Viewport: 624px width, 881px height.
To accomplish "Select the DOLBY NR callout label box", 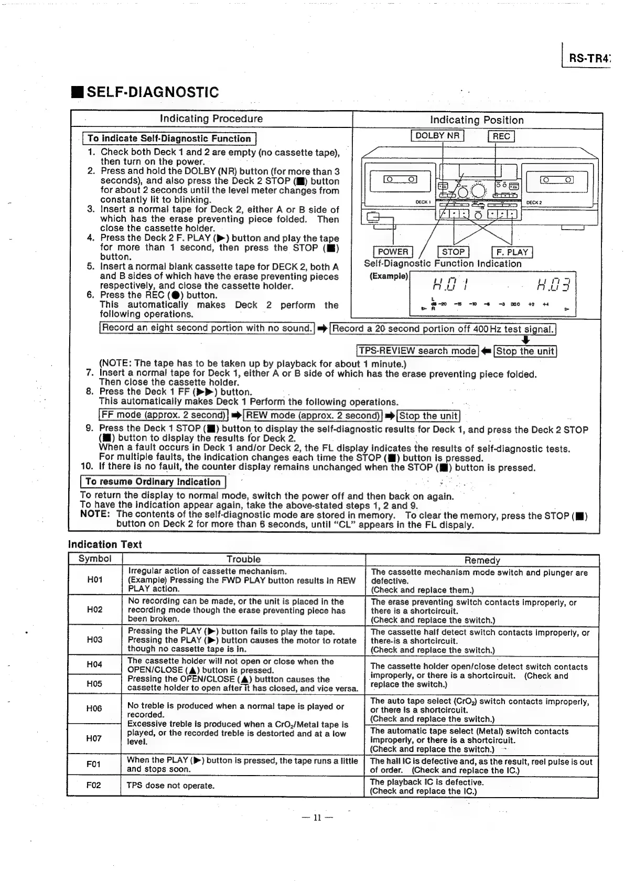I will pyautogui.click(x=437, y=136).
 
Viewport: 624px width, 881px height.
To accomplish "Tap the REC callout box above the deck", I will pyautogui.click(x=501, y=136).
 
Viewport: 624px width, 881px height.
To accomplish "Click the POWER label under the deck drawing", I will pyautogui.click(x=393, y=252).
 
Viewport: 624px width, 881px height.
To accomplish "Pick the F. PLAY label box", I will pyautogui.click(x=512, y=252).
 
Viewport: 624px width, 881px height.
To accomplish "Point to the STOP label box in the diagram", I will pyautogui.click(x=453, y=252).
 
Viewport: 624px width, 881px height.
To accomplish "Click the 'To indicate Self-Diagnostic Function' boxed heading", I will pyautogui.click(x=169, y=138).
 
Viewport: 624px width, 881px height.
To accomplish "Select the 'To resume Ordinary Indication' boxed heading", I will pyautogui.click(x=153, y=481).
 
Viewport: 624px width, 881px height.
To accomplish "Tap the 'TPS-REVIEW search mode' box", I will pyautogui.click(x=417, y=351).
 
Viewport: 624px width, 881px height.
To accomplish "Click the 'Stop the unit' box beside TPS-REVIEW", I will pyautogui.click(x=525, y=351).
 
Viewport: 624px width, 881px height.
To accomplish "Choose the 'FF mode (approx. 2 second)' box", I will pyautogui.click(x=164, y=415).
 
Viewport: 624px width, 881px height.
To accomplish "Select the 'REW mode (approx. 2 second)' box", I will pyautogui.click(x=313, y=415).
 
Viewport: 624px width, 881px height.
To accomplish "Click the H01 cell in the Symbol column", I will pyautogui.click(x=95, y=579).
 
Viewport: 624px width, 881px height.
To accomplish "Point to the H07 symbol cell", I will pyautogui.click(x=94, y=738).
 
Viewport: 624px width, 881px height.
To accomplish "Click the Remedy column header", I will pyautogui.click(x=482, y=560).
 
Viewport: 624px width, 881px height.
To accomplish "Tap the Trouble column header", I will pyautogui.click(x=243, y=559).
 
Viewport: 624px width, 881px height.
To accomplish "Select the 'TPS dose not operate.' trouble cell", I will pyautogui.click(x=170, y=786).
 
